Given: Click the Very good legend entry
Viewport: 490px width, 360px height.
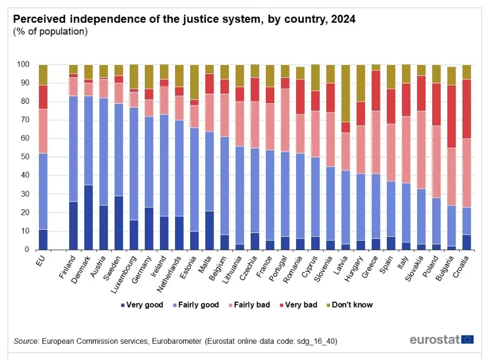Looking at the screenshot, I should [x=143, y=305].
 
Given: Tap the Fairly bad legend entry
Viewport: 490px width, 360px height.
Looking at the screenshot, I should [x=248, y=305].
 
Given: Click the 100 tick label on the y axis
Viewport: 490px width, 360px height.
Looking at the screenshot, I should [x=25, y=64].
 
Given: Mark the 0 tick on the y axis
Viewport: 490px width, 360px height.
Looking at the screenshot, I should [x=29, y=250].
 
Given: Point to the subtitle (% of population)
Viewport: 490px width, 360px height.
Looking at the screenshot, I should [x=50, y=32].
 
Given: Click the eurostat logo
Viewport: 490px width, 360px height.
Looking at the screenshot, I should [x=441, y=340].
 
